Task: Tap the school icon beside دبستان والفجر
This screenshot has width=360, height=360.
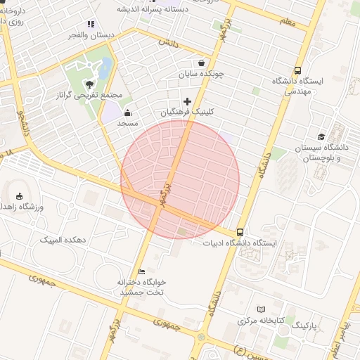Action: pos(91,23)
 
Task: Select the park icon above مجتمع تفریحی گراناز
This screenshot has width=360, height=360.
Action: pos(89,84)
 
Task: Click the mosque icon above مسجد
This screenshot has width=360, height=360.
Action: pos(127,112)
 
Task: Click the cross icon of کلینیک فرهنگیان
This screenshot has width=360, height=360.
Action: pos(187,101)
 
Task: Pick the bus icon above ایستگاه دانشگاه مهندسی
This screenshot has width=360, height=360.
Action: pos(298,70)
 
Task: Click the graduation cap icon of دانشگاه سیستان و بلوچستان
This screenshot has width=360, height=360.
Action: pos(321,137)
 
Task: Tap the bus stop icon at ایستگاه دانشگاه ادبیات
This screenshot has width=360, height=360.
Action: pos(240,232)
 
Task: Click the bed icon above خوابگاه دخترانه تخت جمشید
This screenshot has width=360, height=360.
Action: pos(141,271)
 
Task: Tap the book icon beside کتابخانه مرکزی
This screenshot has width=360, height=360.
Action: pos(262,309)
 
